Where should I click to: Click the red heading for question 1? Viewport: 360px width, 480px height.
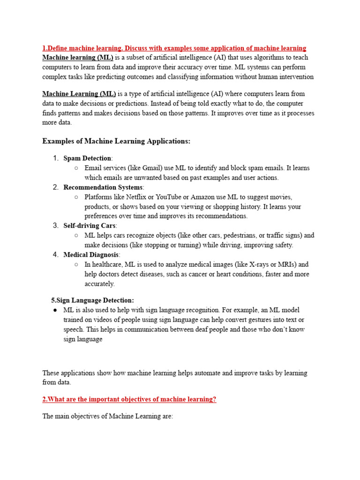[x=174, y=48]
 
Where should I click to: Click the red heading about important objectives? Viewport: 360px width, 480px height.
[x=129, y=399]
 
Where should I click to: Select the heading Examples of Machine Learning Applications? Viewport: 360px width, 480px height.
[x=117, y=141]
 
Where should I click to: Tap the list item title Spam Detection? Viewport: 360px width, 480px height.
[x=88, y=158]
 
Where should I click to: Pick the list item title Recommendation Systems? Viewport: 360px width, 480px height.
[x=103, y=187]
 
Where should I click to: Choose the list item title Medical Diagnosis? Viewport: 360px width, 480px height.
[x=91, y=255]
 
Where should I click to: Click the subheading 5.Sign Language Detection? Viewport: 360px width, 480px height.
[x=92, y=300]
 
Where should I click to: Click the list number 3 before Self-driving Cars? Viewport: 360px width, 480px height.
[x=55, y=226]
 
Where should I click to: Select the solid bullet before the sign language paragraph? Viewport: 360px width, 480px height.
[x=55, y=310]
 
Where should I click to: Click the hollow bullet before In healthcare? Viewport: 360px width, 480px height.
[x=76, y=264]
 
